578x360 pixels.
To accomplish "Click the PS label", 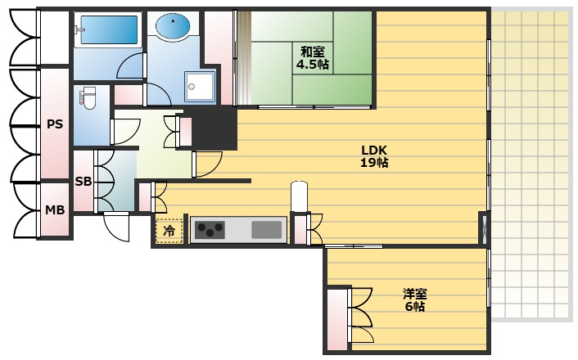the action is [55, 124].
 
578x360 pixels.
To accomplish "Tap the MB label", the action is [55, 210].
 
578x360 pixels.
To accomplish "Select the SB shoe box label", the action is [84, 182].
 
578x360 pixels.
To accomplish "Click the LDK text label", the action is [374, 150].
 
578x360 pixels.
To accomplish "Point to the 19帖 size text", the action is [374, 163].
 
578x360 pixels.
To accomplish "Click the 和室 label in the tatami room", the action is [312, 52].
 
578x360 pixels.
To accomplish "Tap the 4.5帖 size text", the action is [313, 65].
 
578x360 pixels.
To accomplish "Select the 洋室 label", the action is [415, 294].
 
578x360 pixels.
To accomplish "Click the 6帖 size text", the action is [415, 306].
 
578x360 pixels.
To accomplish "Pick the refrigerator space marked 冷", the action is [169, 231].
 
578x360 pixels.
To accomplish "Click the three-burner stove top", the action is [210, 230].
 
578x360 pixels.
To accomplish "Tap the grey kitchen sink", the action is [267, 230].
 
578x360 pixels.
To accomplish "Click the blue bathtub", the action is [108, 29].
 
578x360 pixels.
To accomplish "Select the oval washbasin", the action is [173, 26].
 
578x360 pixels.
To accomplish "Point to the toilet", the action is [88, 98].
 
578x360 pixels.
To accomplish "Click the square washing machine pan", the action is [200, 87].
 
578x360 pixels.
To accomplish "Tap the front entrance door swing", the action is [116, 226].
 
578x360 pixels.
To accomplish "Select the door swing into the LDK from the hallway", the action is [207, 164].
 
